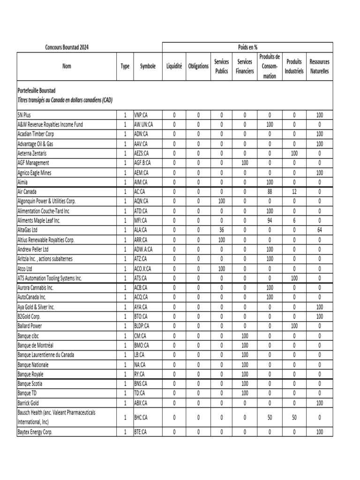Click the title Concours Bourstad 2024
click(x=67, y=47)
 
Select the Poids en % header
click(x=247, y=47)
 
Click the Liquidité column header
click(x=174, y=67)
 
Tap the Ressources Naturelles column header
click(x=319, y=67)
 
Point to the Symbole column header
click(x=148, y=67)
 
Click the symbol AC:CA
click(x=140, y=192)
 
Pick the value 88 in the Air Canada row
click(x=270, y=192)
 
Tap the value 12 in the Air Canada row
click(x=294, y=192)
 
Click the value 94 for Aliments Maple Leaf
click(x=270, y=220)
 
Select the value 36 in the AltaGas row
click(x=221, y=230)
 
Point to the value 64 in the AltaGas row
click(x=319, y=230)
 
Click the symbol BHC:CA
click(x=142, y=417)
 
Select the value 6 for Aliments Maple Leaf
click(x=294, y=220)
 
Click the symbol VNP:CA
click(x=142, y=115)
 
